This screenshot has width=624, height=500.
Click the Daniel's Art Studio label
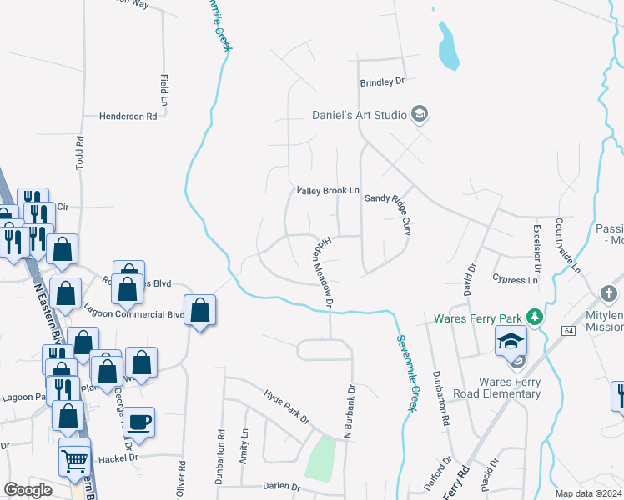coord(359,115)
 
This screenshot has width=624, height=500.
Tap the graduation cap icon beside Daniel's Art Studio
coord(420,114)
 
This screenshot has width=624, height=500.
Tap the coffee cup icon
coord(139,422)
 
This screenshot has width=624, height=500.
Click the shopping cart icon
coord(75,459)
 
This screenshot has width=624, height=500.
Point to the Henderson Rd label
coord(128,117)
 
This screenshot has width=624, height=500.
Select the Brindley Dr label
coord(381,82)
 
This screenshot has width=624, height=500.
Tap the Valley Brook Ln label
coord(328,191)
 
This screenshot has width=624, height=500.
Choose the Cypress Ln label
coord(515,280)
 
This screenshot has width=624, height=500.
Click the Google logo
coord(28,490)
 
